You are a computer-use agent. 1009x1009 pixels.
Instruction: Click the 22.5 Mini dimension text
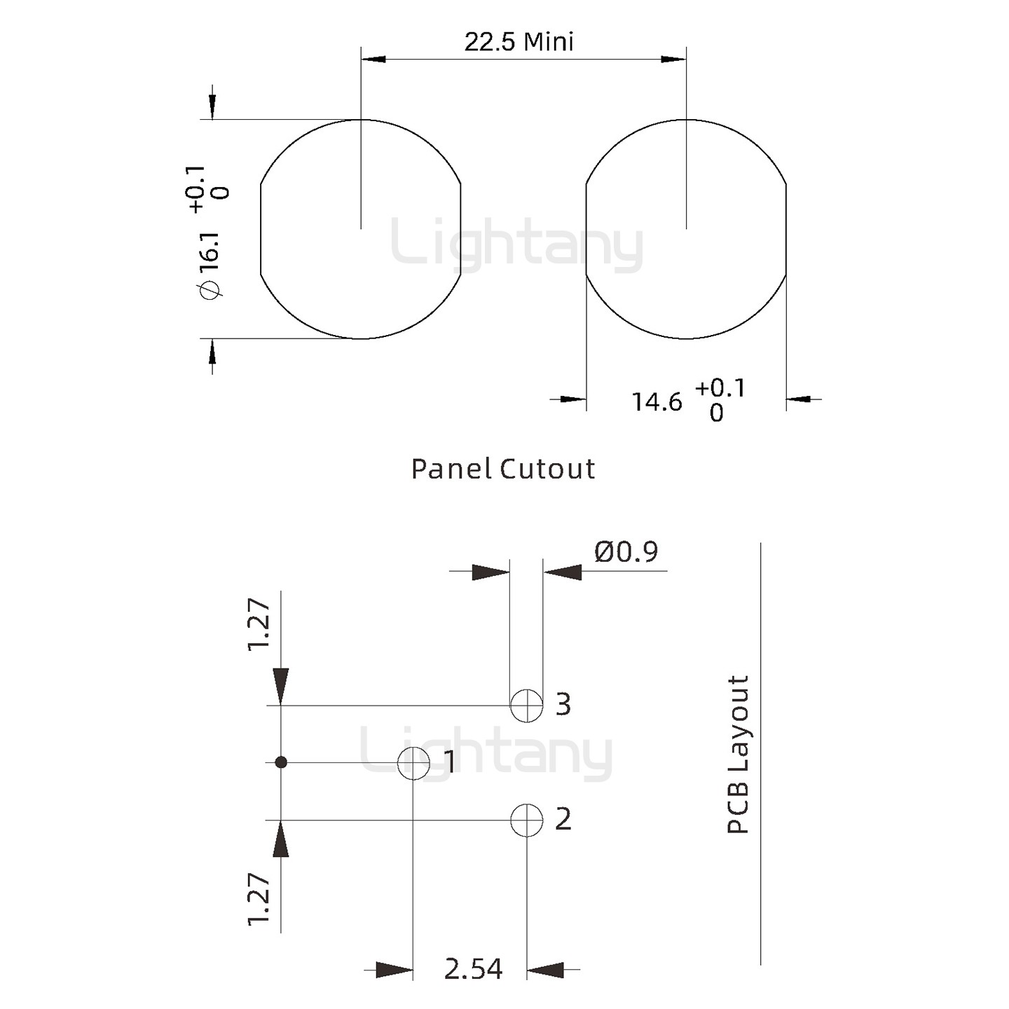pos(519,42)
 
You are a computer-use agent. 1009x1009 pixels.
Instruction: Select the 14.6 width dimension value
pos(657,402)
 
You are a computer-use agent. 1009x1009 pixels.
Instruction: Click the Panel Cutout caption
pos(502,469)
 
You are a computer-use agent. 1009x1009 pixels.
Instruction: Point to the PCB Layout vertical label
pos(738,754)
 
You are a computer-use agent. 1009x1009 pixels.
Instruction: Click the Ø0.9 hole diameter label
pos(626,552)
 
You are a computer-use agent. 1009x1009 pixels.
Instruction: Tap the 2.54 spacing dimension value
pos(473,969)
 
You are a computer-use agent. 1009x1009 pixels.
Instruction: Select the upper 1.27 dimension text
pos(259,624)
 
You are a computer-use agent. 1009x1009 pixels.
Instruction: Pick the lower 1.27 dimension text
pos(259,899)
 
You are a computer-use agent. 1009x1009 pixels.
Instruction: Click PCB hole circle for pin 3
pos(526,705)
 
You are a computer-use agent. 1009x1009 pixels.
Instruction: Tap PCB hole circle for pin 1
pos(413,762)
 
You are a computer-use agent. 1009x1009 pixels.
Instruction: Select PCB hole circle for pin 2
pos(526,820)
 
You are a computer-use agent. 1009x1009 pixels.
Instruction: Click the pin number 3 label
pos(563,704)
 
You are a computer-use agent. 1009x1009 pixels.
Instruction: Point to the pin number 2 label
pos(563,819)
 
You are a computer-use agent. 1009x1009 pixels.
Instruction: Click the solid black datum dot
pos(281,762)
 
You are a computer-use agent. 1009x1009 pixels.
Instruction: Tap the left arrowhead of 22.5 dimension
pos(373,59)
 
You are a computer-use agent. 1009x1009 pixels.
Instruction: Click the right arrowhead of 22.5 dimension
pos(673,59)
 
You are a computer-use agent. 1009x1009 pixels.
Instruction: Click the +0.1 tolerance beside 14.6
pos(720,387)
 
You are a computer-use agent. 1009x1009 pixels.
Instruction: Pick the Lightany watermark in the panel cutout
pos(516,245)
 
